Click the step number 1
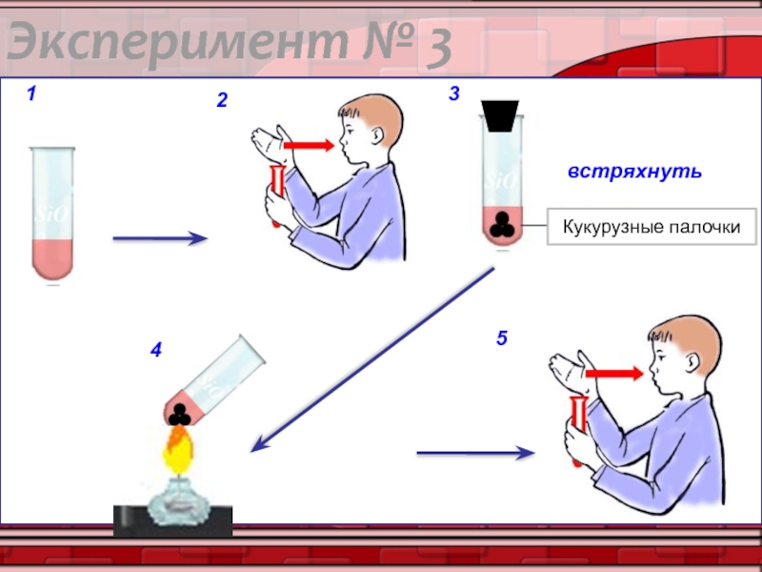point(31,93)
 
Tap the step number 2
point(222,100)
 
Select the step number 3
point(454,93)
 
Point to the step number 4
point(156,350)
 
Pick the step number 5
point(502,338)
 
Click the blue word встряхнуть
point(635,172)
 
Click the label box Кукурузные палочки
point(652,227)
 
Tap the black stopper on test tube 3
point(500,115)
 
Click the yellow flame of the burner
point(177,450)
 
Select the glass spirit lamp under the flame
point(178,501)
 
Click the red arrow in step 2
point(309,145)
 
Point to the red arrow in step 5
point(614,374)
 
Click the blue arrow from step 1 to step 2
point(160,238)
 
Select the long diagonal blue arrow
point(372,360)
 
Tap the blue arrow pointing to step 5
point(475,453)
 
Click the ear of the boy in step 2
point(377,136)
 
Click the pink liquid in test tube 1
point(52,259)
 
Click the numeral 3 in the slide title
point(438,48)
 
